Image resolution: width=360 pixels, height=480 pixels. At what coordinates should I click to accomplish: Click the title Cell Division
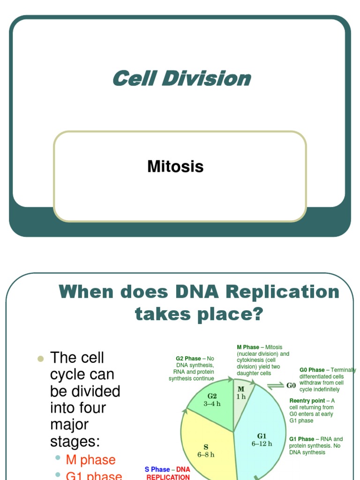182,78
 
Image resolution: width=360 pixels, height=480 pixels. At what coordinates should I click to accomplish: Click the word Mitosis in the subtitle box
175,166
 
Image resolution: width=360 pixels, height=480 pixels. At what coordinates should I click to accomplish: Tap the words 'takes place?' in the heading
199,315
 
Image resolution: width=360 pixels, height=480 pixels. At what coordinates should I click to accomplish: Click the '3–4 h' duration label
212,404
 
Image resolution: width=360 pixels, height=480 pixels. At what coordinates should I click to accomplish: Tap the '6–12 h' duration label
262,443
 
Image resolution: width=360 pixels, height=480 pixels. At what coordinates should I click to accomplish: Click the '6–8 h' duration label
206,455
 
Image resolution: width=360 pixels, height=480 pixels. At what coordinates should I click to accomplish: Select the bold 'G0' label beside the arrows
291,385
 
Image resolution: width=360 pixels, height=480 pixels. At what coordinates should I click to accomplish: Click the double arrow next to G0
276,386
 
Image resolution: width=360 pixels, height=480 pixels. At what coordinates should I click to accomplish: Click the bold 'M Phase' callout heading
248,347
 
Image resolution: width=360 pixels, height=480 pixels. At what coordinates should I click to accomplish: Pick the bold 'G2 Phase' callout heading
188,359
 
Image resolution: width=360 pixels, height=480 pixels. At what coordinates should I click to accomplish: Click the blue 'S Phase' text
157,469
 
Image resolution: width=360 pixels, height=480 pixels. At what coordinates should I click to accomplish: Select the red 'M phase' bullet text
90,460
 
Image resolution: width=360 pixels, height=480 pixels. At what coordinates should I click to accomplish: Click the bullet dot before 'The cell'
40,359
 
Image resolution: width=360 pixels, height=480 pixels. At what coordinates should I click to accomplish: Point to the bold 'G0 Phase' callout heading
312,370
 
